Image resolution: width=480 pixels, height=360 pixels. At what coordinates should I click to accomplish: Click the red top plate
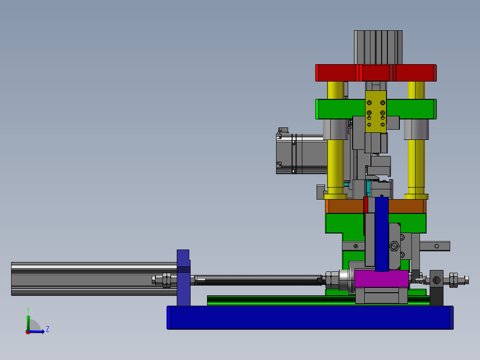click(x=376, y=73)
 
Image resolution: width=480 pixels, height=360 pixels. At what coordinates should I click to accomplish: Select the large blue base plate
click(x=310, y=318)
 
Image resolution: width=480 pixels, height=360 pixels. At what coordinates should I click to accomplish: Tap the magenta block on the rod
click(x=382, y=279)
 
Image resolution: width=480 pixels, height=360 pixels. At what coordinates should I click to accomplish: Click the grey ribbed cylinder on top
click(x=378, y=48)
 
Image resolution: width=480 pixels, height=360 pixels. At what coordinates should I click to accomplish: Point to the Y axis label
click(x=28, y=310)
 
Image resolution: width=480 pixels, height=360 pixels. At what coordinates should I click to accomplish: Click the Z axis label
click(x=48, y=329)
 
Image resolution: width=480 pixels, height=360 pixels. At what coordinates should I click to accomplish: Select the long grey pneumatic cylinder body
click(x=94, y=279)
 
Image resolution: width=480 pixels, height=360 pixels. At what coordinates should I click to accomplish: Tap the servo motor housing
click(x=301, y=154)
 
